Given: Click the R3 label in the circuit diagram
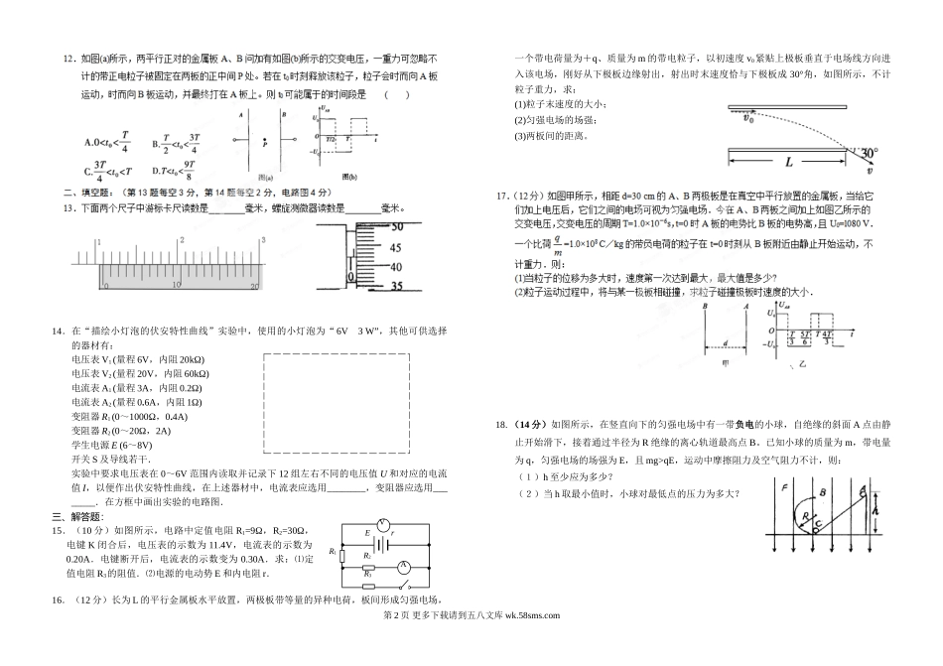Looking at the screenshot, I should click(x=367, y=575).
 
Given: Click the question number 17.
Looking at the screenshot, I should click(x=502, y=196).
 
